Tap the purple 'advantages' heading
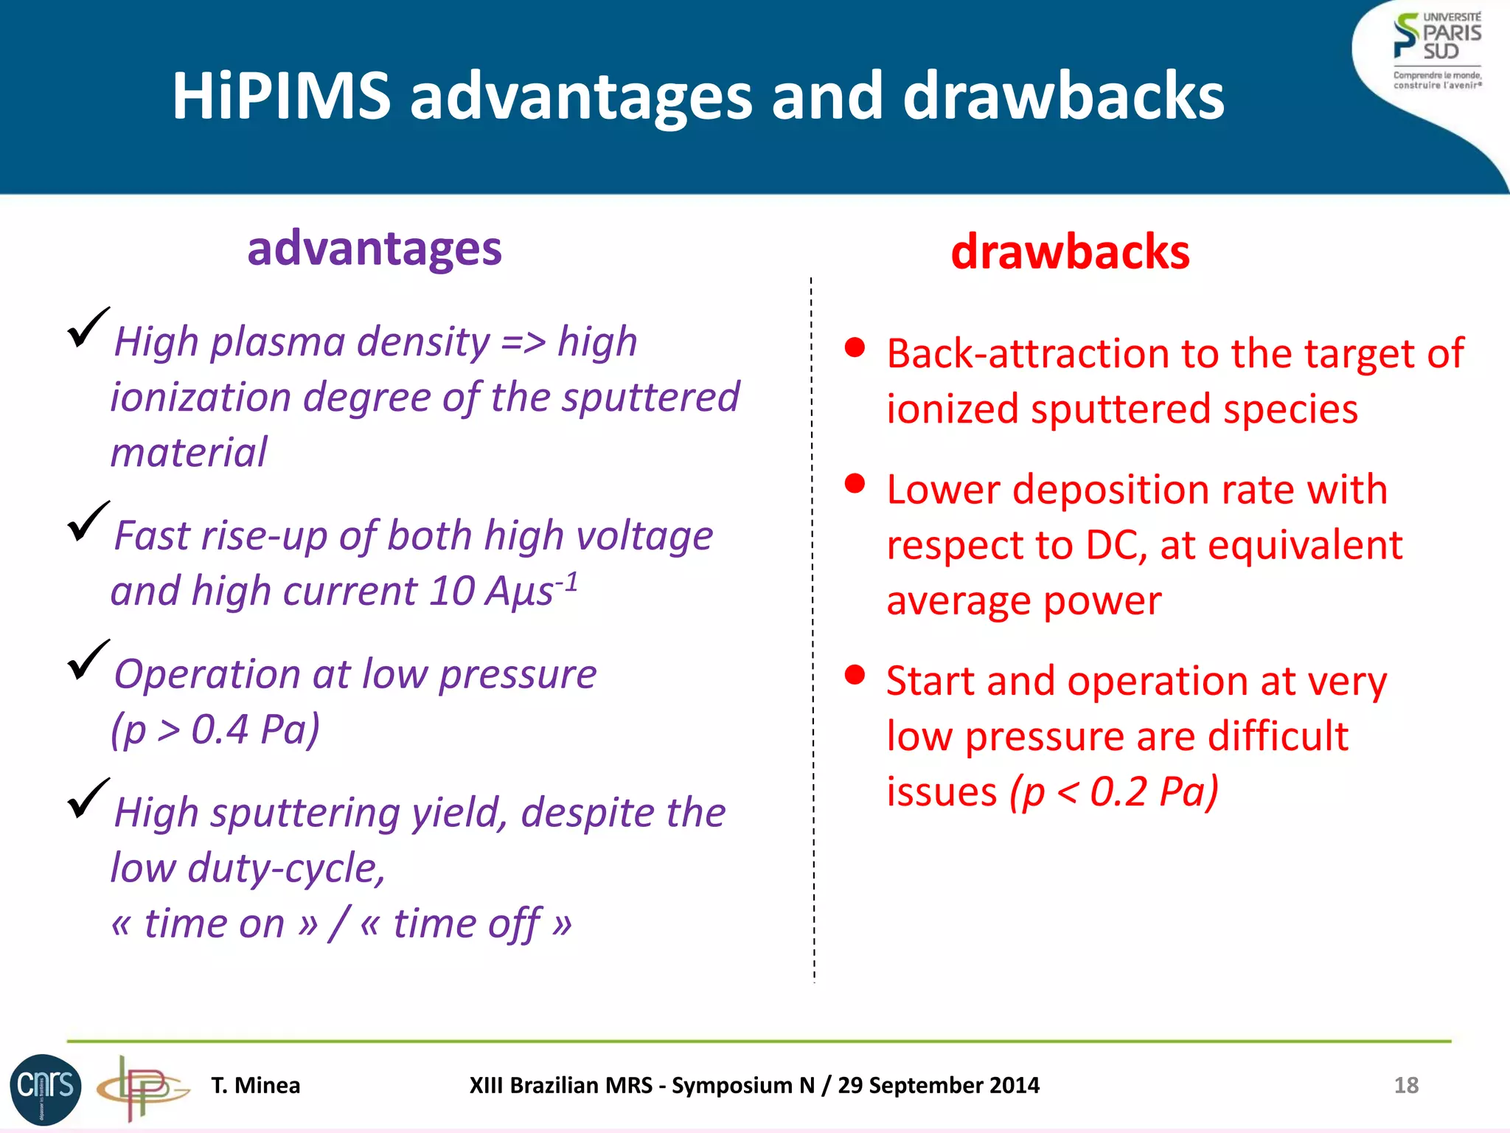click(x=375, y=249)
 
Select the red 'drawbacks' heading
click(x=1070, y=252)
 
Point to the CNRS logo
click(x=45, y=1089)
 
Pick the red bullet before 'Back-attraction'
click(x=855, y=348)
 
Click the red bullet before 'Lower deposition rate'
click(x=855, y=484)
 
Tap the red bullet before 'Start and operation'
click(x=855, y=675)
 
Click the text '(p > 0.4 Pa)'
click(x=215, y=730)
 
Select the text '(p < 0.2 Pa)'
click(x=1113, y=791)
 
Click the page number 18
click(x=1406, y=1085)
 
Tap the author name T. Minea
click(x=256, y=1085)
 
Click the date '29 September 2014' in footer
click(x=939, y=1085)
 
